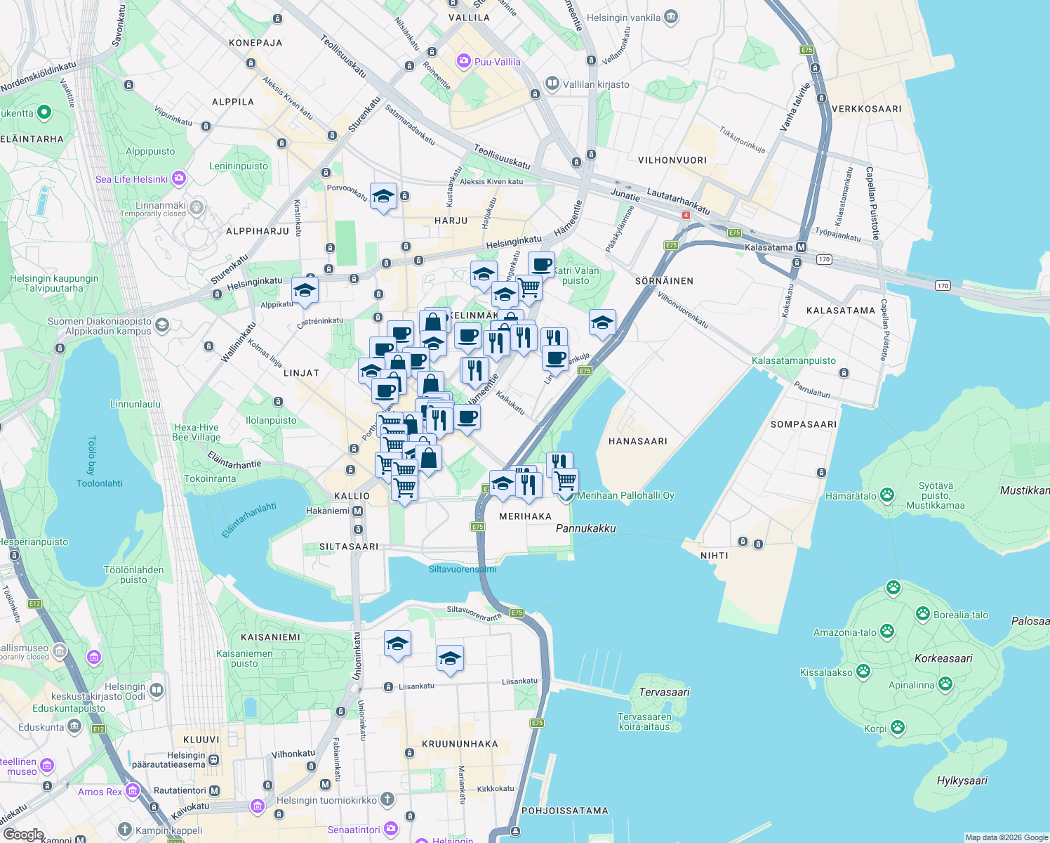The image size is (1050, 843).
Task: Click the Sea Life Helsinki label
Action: [131, 179]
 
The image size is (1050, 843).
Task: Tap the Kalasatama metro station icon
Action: [802, 247]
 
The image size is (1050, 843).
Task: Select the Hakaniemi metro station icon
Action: [357, 511]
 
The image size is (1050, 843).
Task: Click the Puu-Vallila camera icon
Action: [463, 62]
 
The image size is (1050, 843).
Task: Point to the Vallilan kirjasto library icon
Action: [552, 84]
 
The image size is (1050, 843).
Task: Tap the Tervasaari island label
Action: [664, 692]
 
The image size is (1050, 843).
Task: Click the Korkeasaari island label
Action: [943, 658]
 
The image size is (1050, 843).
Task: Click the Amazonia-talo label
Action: [844, 632]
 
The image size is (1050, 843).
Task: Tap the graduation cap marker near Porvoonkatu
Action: [383, 196]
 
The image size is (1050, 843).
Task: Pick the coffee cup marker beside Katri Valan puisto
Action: [541, 265]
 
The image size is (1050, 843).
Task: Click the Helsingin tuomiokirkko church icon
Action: [387, 799]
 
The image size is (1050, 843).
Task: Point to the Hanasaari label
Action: [637, 441]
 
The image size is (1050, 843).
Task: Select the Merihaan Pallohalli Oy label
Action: [625, 495]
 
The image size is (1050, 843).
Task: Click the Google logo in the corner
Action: [23, 835]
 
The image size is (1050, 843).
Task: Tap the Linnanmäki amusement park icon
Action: [197, 207]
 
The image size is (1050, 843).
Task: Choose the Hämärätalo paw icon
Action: [887, 495]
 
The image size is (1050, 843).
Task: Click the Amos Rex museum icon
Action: [133, 792]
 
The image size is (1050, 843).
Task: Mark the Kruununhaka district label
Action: [460, 744]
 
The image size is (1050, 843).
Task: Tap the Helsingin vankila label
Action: [623, 18]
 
